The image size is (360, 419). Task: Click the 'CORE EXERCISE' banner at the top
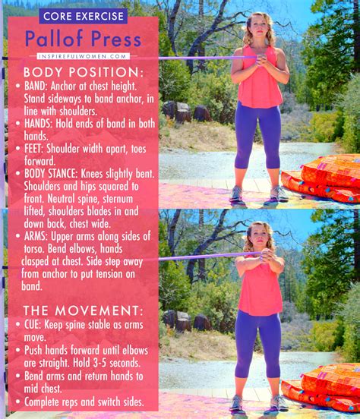click(x=83, y=16)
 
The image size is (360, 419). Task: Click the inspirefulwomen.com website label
click(x=83, y=56)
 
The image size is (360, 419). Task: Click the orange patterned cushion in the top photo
click(x=327, y=178)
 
